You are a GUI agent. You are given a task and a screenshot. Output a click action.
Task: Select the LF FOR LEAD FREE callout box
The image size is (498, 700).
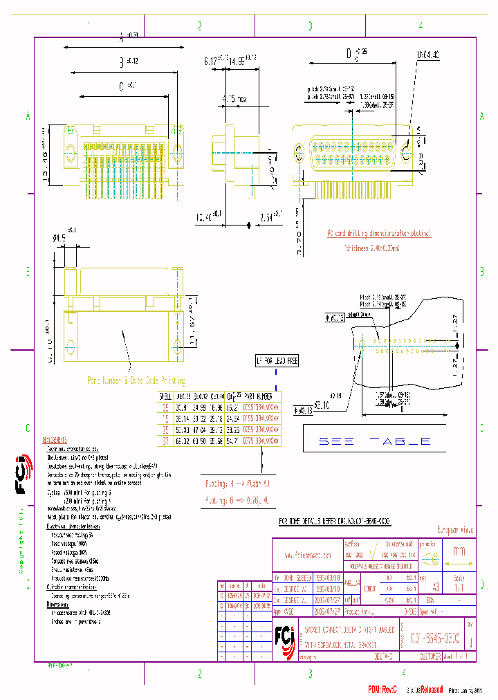pyautogui.click(x=277, y=361)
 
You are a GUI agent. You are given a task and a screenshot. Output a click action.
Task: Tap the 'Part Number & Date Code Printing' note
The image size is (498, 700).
pyautogui.click(x=136, y=380)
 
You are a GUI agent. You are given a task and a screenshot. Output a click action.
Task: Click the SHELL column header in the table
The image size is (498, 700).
pyautogui.click(x=165, y=397)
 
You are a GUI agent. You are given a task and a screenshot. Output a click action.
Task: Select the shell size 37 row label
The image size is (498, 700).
pyautogui.click(x=165, y=439)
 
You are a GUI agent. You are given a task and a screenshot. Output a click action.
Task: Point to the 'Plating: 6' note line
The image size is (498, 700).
pyautogui.click(x=236, y=498)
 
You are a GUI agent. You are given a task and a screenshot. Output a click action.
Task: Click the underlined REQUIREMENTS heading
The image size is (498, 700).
pyautogui.click(x=55, y=440)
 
